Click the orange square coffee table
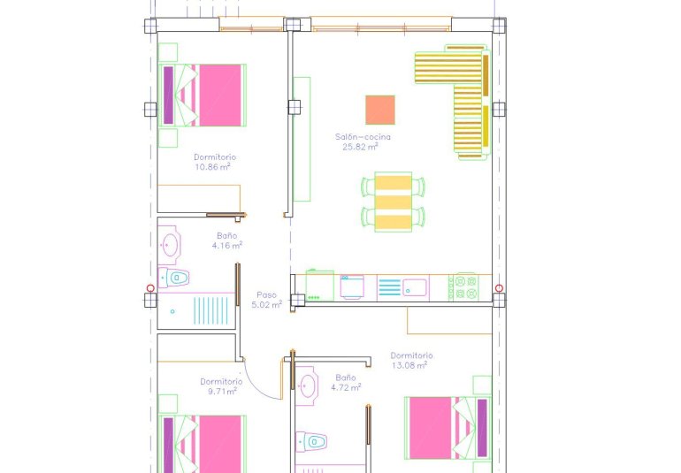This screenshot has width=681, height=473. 380,110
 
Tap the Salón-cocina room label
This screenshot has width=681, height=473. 363,137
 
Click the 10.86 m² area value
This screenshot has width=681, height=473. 213,165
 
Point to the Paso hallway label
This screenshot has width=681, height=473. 267,295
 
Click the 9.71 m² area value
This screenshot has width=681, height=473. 218,391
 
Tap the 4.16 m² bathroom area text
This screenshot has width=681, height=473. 227,246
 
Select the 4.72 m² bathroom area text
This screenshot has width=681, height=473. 346,386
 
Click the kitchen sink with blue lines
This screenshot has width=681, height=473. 402,287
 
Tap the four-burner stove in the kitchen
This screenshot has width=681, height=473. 465,287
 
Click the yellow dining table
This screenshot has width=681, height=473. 394,202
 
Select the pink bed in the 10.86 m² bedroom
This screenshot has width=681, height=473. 212,95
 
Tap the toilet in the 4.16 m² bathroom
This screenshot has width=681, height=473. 177,278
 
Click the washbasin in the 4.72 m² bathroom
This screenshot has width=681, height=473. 307,385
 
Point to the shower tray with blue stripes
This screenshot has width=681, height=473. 201,311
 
